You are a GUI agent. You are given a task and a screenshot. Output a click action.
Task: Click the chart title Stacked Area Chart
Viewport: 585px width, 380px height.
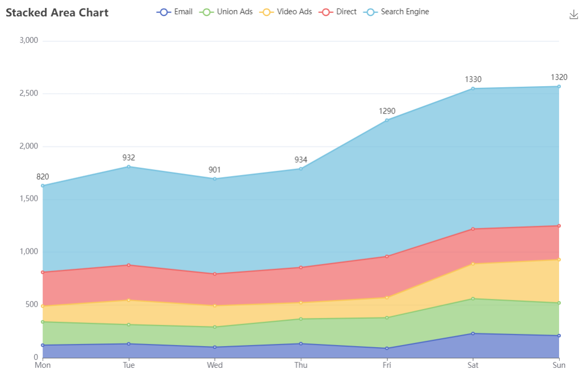pyautogui.click(x=57, y=13)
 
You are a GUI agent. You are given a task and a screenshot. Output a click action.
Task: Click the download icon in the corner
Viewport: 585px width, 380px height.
pyautogui.click(x=574, y=15)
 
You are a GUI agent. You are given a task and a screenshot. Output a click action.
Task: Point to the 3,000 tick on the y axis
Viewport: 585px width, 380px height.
pyautogui.click(x=28, y=41)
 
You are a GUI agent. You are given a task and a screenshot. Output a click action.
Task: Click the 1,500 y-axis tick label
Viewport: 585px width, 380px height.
pyautogui.click(x=28, y=199)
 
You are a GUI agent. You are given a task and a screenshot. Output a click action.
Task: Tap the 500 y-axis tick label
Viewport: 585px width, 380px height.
pyautogui.click(x=32, y=304)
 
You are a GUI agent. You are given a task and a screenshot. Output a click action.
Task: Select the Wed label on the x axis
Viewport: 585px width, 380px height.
pyautogui.click(x=215, y=365)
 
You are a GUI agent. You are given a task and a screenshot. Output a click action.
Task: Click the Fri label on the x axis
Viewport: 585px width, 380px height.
pyautogui.click(x=387, y=365)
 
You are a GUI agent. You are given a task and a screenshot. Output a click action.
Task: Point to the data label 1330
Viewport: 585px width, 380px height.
pyautogui.click(x=473, y=79)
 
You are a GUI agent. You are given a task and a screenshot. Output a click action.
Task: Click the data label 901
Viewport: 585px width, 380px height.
pyautogui.click(x=215, y=170)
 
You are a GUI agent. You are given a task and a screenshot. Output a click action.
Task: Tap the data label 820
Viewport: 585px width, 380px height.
pyautogui.click(x=43, y=177)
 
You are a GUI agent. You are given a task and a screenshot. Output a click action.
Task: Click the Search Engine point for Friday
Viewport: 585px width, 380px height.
pyautogui.click(x=387, y=121)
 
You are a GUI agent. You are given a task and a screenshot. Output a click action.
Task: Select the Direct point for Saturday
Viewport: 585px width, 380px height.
pyautogui.click(x=473, y=229)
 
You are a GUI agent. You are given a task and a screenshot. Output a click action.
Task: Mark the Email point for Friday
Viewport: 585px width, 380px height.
pyautogui.click(x=387, y=348)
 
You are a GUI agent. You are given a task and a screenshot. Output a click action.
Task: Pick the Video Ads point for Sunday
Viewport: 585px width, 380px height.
pyautogui.click(x=559, y=259)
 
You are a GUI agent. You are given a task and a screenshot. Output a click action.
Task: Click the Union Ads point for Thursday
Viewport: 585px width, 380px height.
pyautogui.click(x=301, y=319)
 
